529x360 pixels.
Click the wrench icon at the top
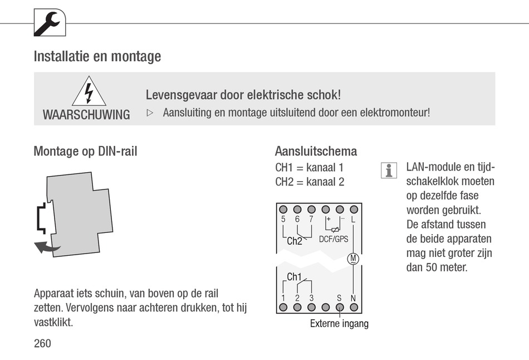click(x=50, y=23)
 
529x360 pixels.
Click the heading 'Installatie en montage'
click(x=97, y=56)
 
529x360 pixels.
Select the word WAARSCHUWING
click(x=86, y=115)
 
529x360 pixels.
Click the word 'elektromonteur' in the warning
click(x=395, y=112)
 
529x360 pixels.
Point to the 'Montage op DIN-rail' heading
click(x=85, y=151)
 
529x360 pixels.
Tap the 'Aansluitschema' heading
click(x=316, y=151)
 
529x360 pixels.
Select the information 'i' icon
click(x=389, y=171)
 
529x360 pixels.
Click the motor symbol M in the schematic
click(x=353, y=258)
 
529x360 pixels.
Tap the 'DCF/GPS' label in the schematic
click(x=334, y=240)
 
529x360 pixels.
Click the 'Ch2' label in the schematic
click(x=295, y=241)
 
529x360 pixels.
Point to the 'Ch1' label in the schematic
click(x=294, y=277)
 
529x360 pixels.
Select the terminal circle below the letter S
click(x=339, y=307)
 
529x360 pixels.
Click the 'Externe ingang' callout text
click(x=339, y=324)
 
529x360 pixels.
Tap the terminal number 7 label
click(x=311, y=220)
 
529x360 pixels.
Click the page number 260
click(x=42, y=343)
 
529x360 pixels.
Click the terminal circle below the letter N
click(x=353, y=307)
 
